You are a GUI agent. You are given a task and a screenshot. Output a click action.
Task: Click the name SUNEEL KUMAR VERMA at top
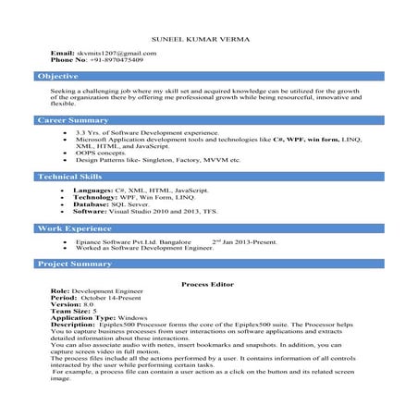coord(209,39)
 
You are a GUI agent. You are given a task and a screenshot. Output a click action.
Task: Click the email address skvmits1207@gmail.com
coord(117,53)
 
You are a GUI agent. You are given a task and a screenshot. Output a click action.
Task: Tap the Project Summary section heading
coord(75,264)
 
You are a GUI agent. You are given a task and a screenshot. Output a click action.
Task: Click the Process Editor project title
coord(208,286)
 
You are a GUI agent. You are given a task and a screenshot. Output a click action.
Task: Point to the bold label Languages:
coord(92,190)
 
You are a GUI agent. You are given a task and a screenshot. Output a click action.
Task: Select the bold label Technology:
coord(95,196)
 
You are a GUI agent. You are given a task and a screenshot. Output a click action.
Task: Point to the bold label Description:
coord(73,325)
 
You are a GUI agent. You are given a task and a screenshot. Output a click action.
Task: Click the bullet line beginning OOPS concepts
coord(102,153)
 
